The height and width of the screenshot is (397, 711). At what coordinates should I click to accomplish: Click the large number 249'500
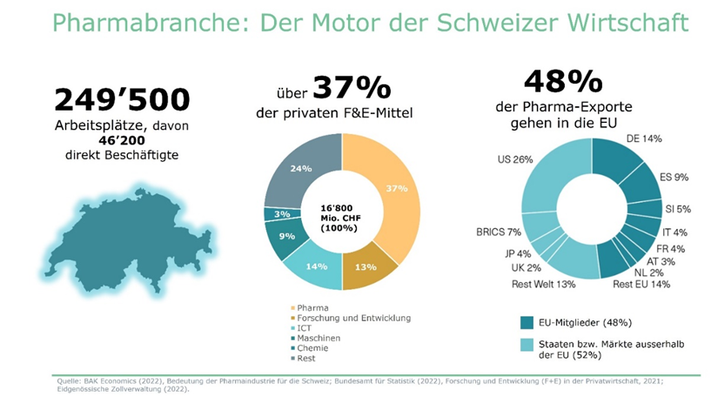122,100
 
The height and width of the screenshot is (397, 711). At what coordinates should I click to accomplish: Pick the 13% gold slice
366,266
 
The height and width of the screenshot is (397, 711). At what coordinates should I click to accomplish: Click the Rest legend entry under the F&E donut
307,358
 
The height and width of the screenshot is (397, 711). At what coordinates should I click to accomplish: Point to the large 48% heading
562,82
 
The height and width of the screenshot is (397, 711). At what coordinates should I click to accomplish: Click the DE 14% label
643,138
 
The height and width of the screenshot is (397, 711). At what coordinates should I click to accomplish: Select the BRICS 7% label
499,232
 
